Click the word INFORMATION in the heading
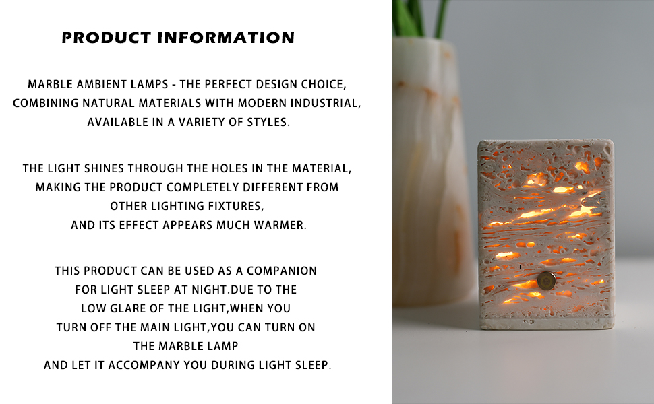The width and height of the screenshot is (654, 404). coord(226,38)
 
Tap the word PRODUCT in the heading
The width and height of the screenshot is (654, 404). coord(107,38)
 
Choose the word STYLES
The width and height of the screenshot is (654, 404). coord(266,123)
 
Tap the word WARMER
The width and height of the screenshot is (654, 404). coord(278,225)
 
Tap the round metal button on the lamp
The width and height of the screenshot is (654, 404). coord(546,280)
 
